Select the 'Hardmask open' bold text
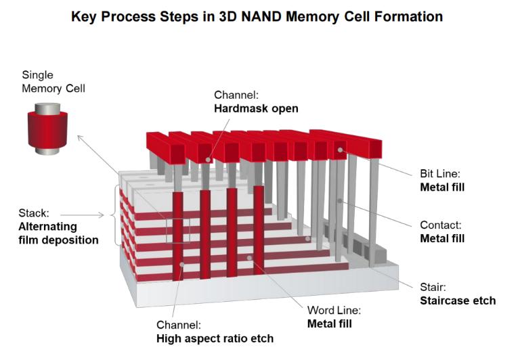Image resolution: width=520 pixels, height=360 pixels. (256, 108)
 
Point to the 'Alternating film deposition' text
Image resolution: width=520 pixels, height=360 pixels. (58, 233)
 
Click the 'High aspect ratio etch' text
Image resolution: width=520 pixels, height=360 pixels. (214, 338)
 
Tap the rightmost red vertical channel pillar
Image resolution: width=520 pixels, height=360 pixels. (259, 227)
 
